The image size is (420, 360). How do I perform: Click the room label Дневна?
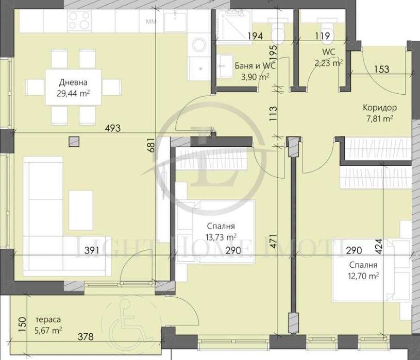(x=73, y=82)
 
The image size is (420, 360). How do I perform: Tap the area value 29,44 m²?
(x=73, y=93)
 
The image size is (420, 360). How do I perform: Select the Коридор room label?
(x=380, y=108)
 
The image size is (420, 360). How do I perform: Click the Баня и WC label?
(x=255, y=66)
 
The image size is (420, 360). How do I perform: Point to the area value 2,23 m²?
(x=329, y=63)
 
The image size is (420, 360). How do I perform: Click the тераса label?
(x=48, y=320)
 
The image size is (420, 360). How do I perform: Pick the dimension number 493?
(x=113, y=128)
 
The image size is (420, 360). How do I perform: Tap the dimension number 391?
(x=92, y=250)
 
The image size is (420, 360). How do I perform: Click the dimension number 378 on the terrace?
(x=86, y=336)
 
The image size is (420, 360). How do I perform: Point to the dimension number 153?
(x=381, y=69)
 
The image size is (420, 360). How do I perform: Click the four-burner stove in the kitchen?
(x=79, y=20)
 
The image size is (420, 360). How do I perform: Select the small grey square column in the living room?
(x=74, y=142)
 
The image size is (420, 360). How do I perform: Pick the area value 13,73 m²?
(x=221, y=237)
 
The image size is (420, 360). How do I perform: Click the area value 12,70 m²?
(x=363, y=276)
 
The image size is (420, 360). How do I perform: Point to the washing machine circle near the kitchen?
(x=198, y=44)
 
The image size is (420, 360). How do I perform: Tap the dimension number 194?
(x=255, y=36)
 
